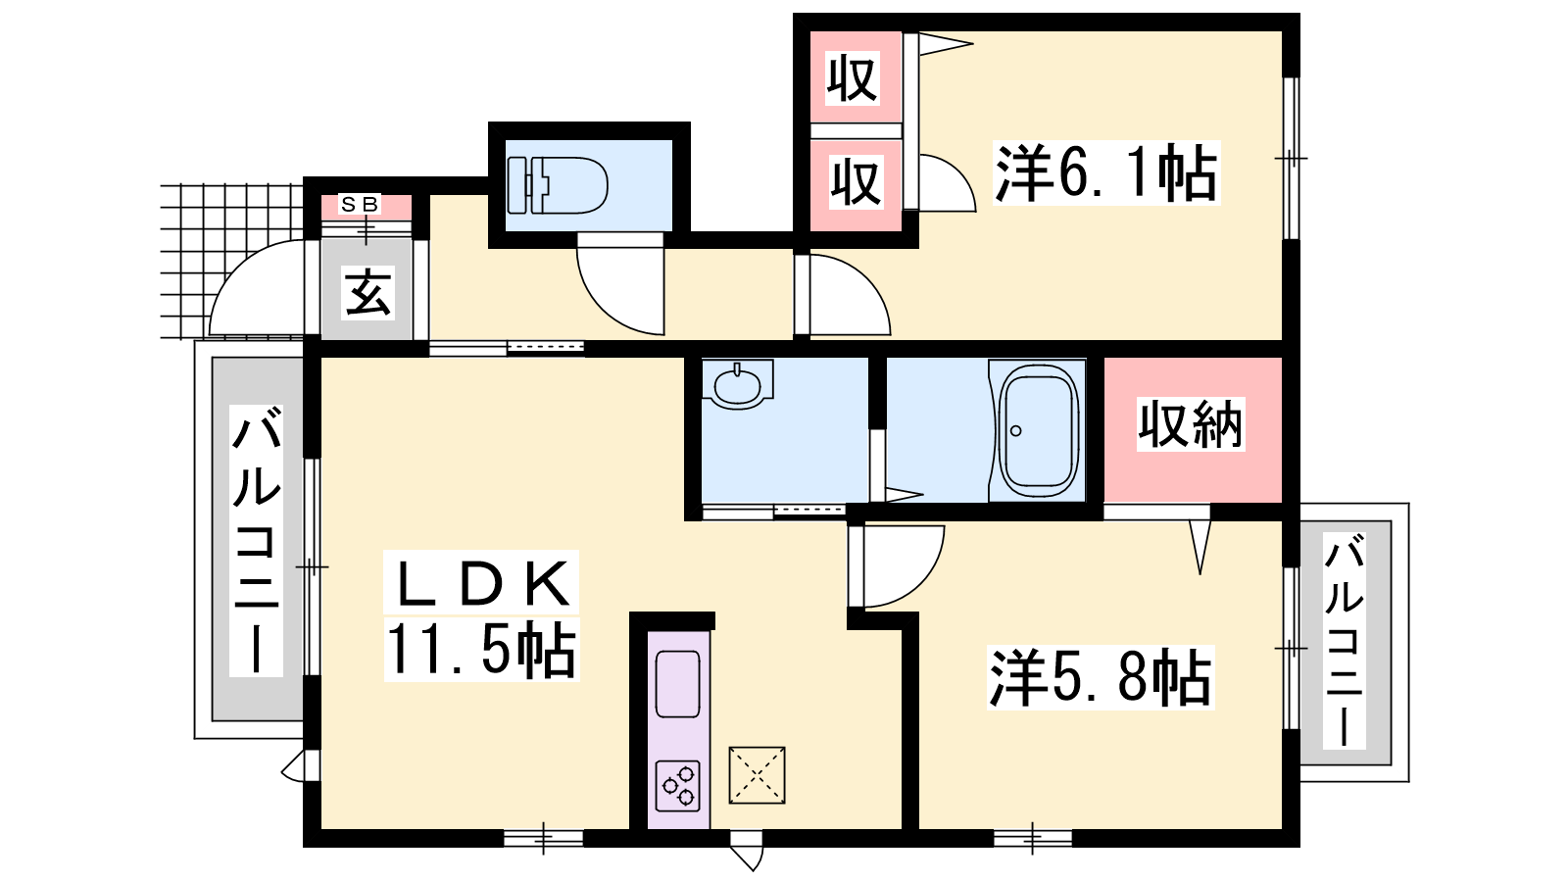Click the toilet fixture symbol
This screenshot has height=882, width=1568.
(558, 185)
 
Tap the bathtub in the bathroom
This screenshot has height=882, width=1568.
(1038, 430)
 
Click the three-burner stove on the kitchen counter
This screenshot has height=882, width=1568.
(677, 785)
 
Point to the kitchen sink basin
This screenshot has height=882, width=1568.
(677, 684)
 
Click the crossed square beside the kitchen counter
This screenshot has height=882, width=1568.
(757, 775)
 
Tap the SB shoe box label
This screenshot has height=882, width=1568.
(360, 205)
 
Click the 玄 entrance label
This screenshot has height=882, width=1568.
(367, 292)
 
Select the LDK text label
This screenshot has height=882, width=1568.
(482, 583)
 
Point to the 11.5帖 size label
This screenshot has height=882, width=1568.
(481, 651)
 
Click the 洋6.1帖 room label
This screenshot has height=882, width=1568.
(1106, 172)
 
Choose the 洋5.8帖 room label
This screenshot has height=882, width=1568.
(1100, 677)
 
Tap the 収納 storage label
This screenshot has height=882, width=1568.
(1190, 424)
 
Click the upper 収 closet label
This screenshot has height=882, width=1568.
(852, 78)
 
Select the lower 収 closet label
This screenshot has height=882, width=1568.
(856, 182)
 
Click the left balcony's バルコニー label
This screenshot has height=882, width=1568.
(256, 540)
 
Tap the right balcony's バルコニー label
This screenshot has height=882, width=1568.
(1344, 640)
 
